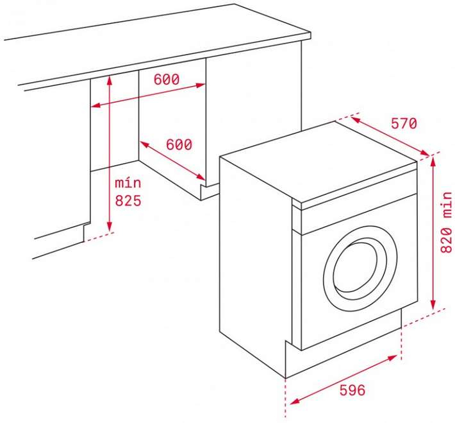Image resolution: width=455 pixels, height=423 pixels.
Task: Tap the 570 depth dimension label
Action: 403,123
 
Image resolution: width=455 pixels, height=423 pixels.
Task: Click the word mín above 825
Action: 128,184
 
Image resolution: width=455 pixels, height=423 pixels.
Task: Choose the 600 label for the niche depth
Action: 179,144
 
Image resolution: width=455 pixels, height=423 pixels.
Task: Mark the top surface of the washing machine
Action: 320,160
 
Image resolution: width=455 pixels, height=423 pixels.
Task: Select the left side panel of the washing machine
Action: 253,257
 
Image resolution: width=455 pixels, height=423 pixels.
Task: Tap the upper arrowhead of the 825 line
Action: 110,79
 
